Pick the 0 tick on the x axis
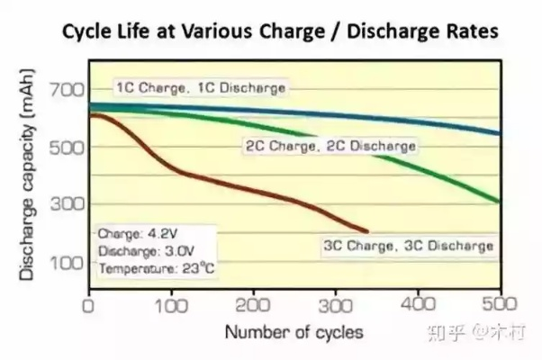pos(88,306)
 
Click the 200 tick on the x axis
pos(253,306)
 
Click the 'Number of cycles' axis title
pos(294,333)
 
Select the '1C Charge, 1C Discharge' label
pos(200,88)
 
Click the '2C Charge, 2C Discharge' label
pos(330,145)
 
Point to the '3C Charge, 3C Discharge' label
pos(408,245)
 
